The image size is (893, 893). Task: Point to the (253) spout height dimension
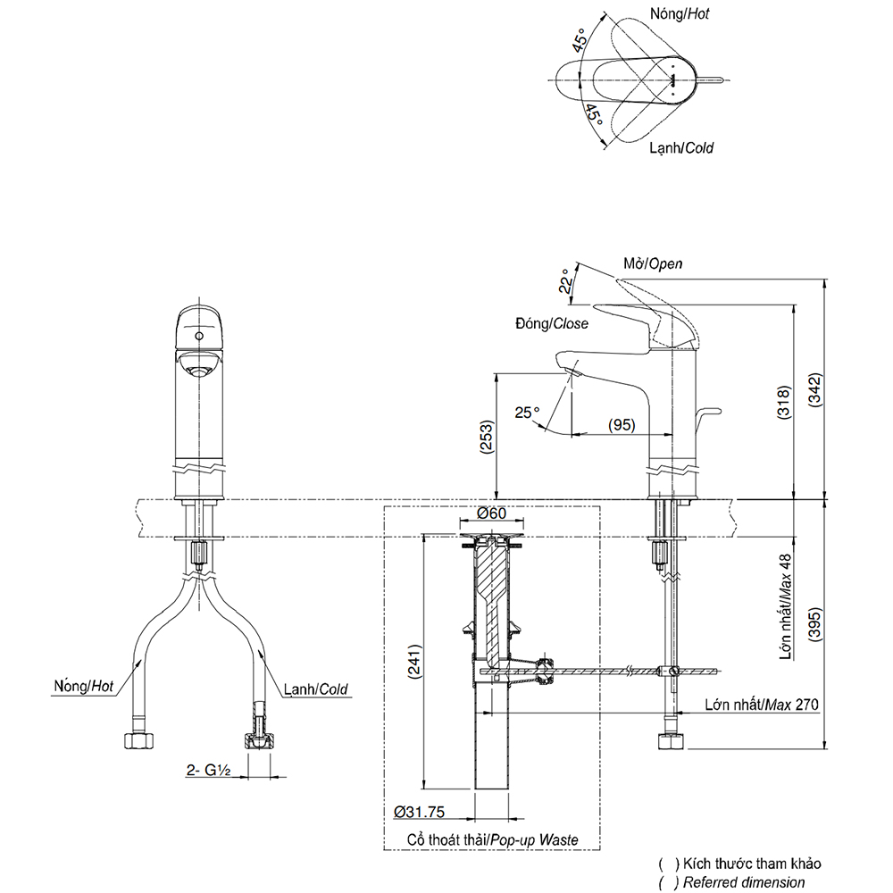click(485, 438)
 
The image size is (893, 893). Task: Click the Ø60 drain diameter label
click(491, 513)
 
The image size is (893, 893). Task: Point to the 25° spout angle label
click(527, 413)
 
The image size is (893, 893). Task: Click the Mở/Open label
click(653, 263)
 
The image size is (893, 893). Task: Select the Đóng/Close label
click(550, 324)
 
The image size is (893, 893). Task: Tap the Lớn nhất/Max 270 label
click(761, 705)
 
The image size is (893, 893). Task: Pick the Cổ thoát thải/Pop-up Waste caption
click(492, 839)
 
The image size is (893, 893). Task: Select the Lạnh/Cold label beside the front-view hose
click(315, 689)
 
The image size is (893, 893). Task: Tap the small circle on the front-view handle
click(199, 337)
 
